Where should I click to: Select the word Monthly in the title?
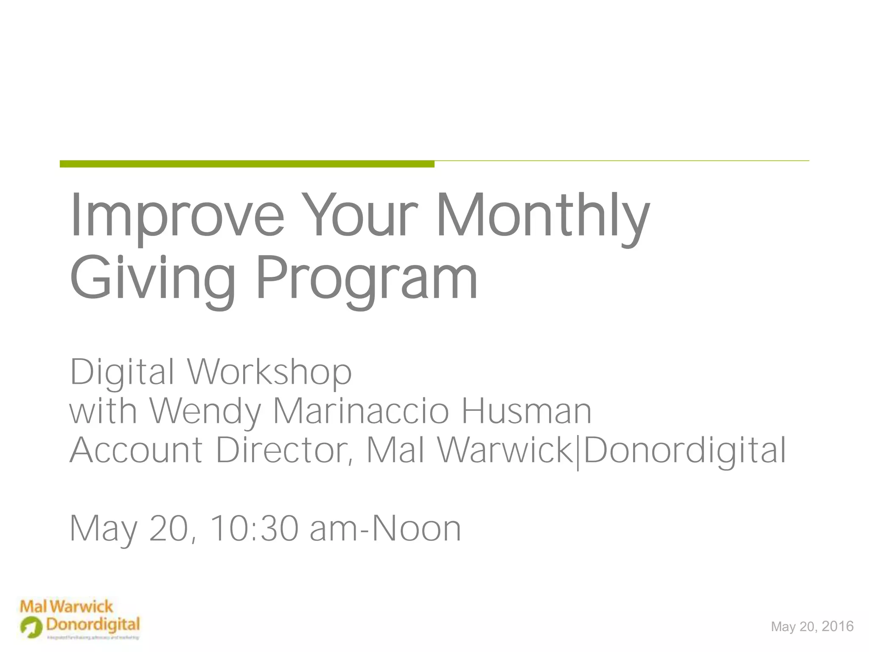pyautogui.click(x=543, y=216)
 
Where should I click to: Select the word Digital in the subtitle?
pyautogui.click(x=122, y=372)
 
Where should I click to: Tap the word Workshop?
pyautogui.click(x=270, y=372)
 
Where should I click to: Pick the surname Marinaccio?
pyautogui.click(x=361, y=411)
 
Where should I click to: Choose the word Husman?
pyautogui.click(x=526, y=411)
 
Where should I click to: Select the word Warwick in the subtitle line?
pyautogui.click(x=505, y=450)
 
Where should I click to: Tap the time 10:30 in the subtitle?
pyautogui.click(x=253, y=529)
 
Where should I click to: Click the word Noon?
pyautogui.click(x=416, y=529)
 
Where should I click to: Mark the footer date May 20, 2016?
pyautogui.click(x=812, y=627)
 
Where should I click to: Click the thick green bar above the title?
pyautogui.click(x=247, y=164)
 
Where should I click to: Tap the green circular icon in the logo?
pyautogui.click(x=31, y=627)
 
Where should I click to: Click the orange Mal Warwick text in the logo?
pyautogui.click(x=67, y=607)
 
